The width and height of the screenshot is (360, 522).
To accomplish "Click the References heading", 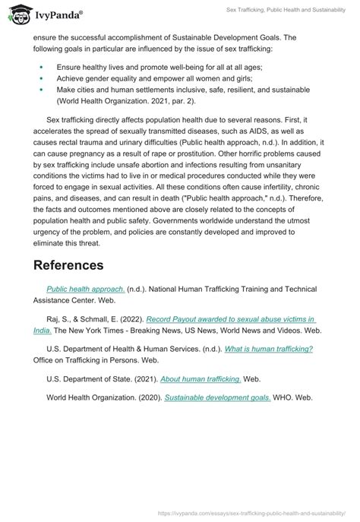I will tap(78, 265).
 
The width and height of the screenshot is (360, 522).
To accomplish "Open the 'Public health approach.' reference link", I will tap(85, 289).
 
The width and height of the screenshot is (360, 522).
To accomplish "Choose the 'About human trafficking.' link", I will tap(201, 378).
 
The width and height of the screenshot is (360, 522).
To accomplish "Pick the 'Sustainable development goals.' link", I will tap(216, 398).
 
